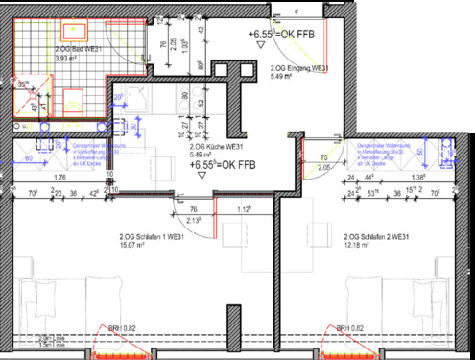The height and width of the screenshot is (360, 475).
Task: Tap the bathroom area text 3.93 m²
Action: point(66,58)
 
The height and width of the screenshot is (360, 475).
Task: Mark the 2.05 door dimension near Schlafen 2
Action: point(324,167)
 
